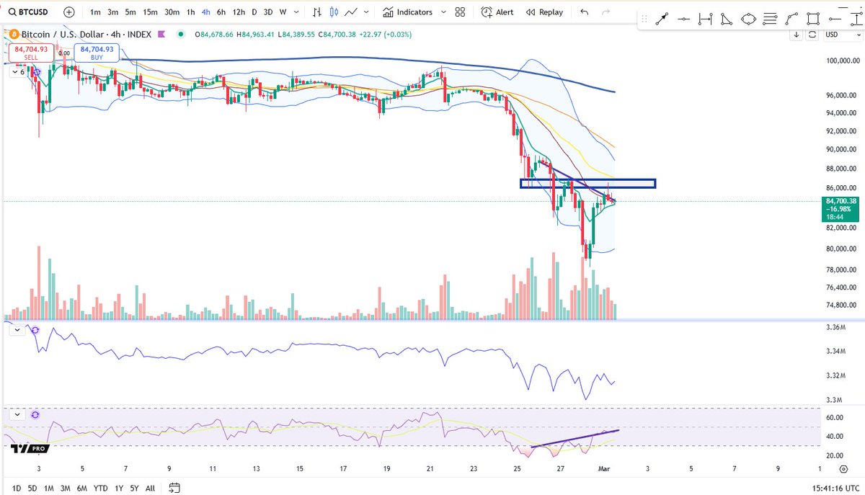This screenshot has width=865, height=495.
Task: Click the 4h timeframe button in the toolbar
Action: click(206, 12)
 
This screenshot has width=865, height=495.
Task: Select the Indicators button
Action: click(408, 12)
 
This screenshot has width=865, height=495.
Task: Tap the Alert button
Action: click(497, 12)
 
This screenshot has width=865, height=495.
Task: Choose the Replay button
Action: click(544, 12)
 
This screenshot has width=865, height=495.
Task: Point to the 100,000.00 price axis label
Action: click(842, 61)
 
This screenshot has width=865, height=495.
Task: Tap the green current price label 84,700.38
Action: click(842, 201)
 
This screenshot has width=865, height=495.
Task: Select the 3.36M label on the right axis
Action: click(835, 327)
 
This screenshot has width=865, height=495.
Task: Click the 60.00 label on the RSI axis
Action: click(835, 417)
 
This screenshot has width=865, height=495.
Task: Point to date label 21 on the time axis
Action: click(430, 468)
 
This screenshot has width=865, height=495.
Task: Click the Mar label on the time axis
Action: click(603, 468)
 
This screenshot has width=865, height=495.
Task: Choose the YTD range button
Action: click(101, 488)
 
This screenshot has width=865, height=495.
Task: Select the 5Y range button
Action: click(134, 488)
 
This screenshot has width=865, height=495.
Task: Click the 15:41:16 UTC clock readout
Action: click(818, 488)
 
